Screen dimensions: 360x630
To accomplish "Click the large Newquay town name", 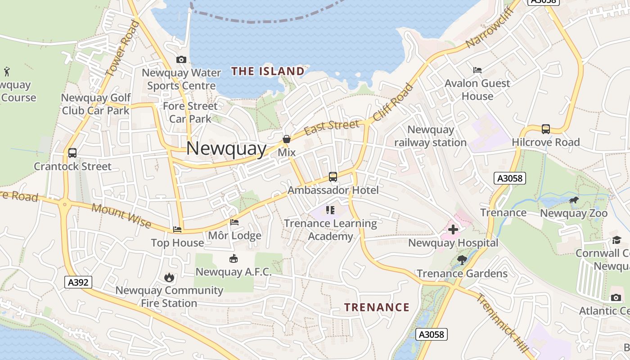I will [226, 148].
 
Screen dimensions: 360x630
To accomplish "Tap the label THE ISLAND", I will [268, 71].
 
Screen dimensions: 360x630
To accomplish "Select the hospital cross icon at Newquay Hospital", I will [453, 229].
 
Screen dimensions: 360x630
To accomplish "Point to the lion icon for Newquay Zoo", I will [574, 200].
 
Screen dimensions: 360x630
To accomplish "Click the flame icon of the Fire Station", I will [169, 277].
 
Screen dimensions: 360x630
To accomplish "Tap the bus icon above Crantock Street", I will [72, 153].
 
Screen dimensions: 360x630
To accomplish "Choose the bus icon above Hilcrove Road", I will [546, 129].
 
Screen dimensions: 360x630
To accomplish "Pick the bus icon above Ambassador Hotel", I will [333, 177].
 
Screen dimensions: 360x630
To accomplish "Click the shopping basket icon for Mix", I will [287, 139].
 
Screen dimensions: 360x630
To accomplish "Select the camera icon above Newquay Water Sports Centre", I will [181, 59].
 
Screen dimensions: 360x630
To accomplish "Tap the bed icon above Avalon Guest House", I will [477, 70].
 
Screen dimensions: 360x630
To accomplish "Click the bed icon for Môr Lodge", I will [234, 222].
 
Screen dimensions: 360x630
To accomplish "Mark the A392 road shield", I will [78, 282].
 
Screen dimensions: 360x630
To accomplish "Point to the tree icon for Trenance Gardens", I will [462, 260].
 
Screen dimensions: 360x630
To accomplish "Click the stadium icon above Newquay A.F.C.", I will [234, 258].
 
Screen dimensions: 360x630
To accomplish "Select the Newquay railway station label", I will [430, 136].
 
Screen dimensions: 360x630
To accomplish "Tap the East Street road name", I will [332, 127].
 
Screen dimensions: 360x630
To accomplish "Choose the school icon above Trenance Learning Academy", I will [331, 210].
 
